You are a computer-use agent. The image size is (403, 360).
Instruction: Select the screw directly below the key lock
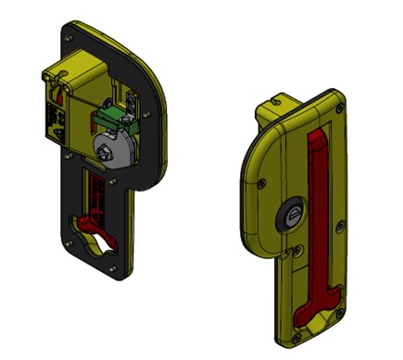[298, 249]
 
